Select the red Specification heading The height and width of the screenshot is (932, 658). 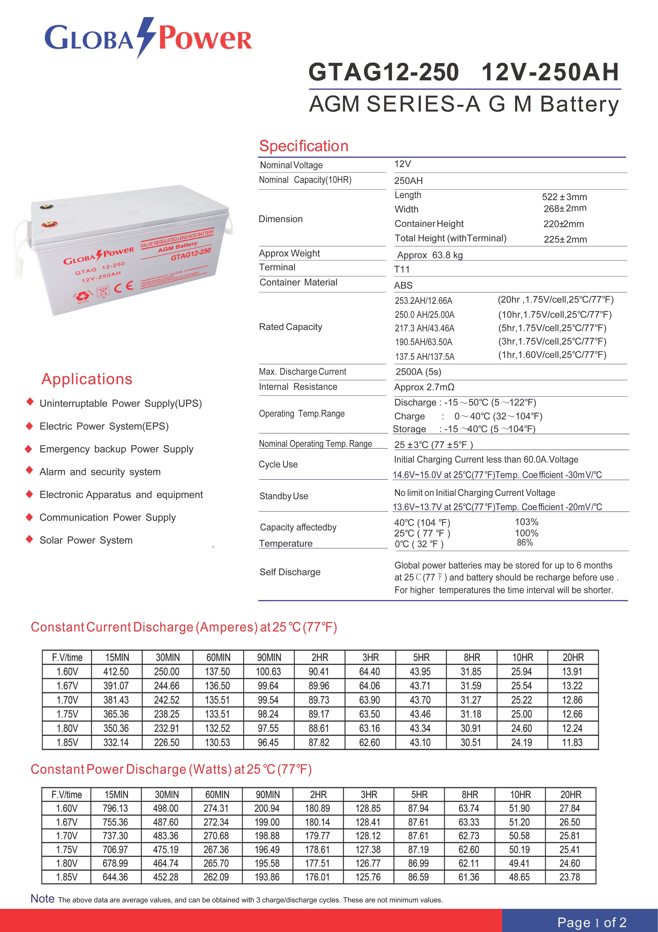304,146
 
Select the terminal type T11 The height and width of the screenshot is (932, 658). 402,269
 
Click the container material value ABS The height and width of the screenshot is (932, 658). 403,285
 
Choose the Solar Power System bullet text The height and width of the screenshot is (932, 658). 86,540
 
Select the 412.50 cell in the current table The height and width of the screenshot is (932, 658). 116,672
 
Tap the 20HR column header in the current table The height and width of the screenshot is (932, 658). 573,658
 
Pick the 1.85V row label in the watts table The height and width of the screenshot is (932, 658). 67,877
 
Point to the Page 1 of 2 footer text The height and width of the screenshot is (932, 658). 592,922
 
